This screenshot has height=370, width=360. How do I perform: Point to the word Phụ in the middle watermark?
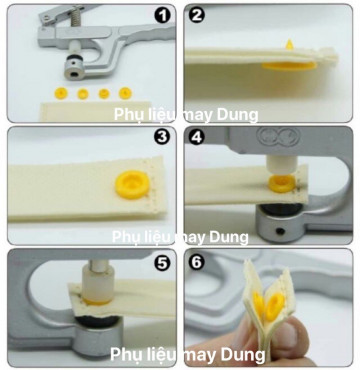coord(125,237)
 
